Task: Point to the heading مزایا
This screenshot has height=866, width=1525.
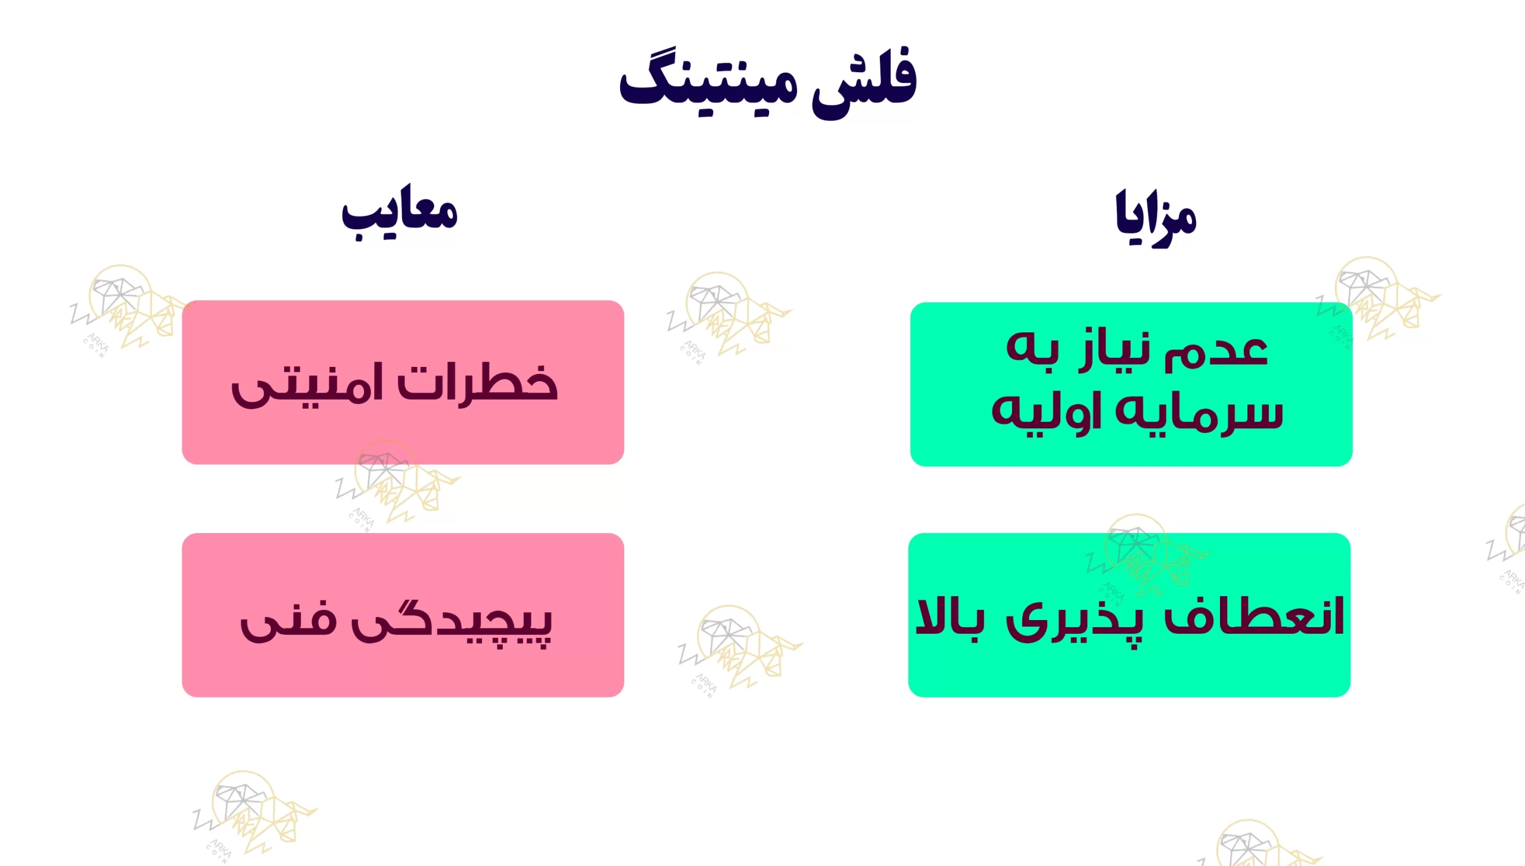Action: click(1156, 217)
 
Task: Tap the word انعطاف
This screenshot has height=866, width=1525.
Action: click(1253, 616)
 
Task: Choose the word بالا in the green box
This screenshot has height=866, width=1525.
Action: click(950, 616)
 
